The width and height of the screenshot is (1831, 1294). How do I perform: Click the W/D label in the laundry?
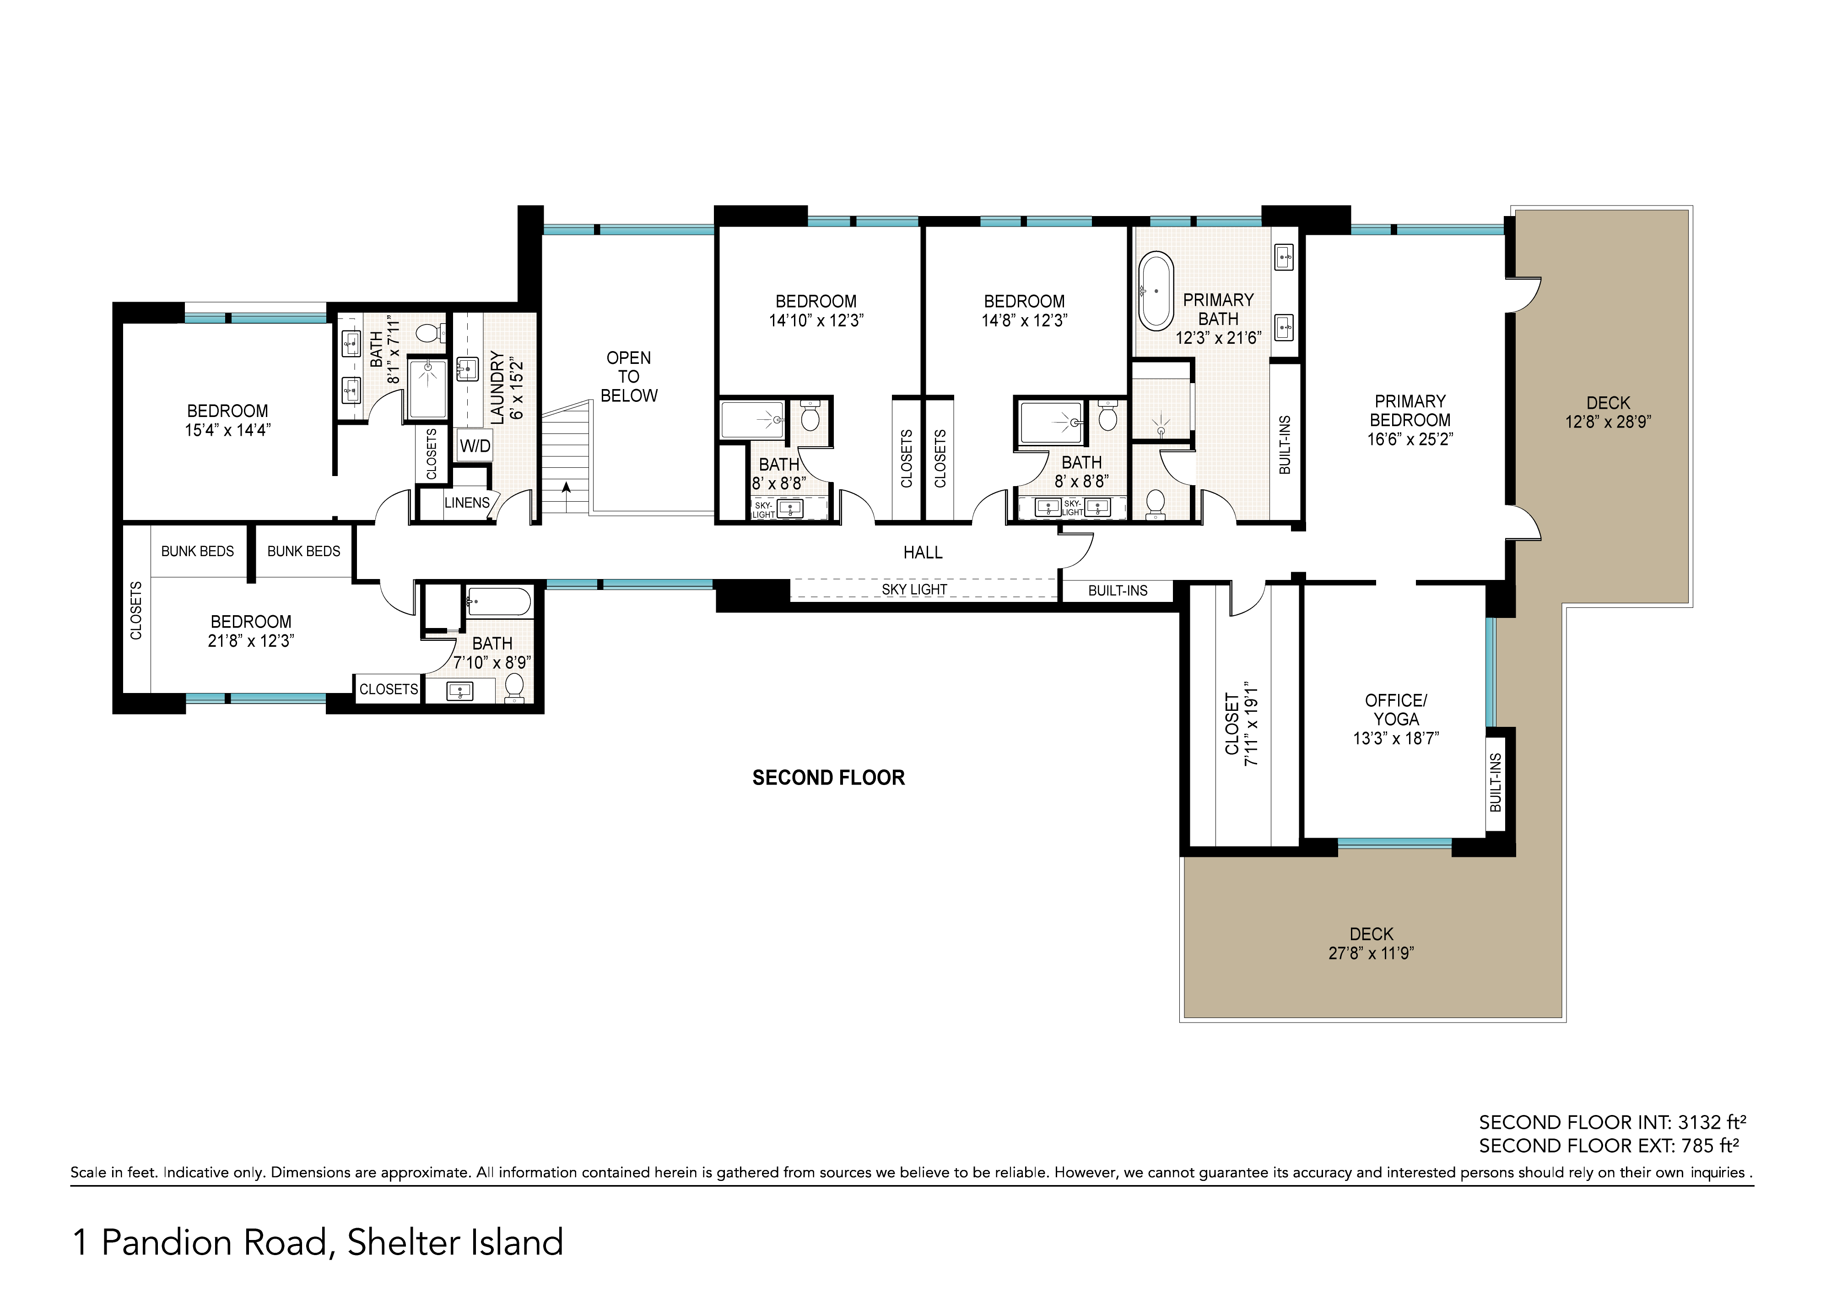click(x=475, y=446)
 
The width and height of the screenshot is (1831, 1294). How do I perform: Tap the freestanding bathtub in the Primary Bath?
click(x=1156, y=291)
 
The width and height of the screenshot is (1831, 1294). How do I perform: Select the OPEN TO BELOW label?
click(x=629, y=377)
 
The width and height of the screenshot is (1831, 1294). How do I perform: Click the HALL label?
click(x=923, y=552)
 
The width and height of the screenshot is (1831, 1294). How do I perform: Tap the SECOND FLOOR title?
click(x=829, y=778)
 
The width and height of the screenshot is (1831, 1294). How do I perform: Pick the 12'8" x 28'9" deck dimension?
click(x=1608, y=422)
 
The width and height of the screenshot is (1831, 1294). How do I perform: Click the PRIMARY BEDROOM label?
click(x=1410, y=411)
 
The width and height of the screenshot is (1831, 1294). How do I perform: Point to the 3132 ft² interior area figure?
click(x=1712, y=1122)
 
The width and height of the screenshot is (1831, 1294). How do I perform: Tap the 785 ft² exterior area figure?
click(x=1711, y=1146)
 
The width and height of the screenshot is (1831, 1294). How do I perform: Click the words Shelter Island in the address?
click(x=455, y=1242)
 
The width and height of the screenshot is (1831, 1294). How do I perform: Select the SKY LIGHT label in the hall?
click(x=915, y=590)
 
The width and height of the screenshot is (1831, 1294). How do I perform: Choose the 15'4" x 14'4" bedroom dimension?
click(x=228, y=430)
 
